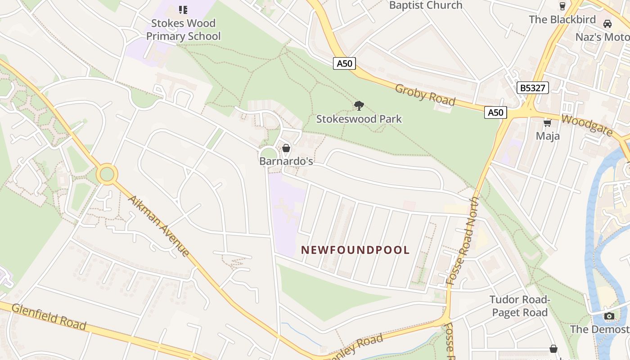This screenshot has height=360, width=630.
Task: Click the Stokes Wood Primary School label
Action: coord(183,30)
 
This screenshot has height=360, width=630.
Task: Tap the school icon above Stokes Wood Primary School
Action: coord(183,9)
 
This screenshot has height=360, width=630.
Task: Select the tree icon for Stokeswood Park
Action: coord(359,106)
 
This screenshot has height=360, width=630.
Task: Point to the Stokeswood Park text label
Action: coord(359,119)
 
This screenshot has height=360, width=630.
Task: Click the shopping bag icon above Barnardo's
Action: coord(286,148)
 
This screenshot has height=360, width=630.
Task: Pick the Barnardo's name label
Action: coord(286,161)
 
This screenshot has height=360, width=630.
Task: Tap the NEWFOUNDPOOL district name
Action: coord(355,250)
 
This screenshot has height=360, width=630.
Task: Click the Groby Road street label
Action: coord(425,94)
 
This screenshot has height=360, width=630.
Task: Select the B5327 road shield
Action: coord(532,88)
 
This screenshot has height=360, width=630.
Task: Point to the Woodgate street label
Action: coord(587,126)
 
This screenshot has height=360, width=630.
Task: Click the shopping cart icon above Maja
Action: coord(548,123)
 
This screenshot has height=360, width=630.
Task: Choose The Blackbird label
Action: coord(562,19)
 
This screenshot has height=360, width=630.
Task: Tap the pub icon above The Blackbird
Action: coord(562,6)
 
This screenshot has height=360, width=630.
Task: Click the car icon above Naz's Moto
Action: coord(607,24)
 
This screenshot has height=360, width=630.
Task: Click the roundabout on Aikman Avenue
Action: coord(107,174)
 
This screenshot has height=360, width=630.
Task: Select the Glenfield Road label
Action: coord(49,316)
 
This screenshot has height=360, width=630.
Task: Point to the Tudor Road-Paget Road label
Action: coord(519,306)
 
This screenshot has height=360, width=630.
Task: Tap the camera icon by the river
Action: coord(609,316)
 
